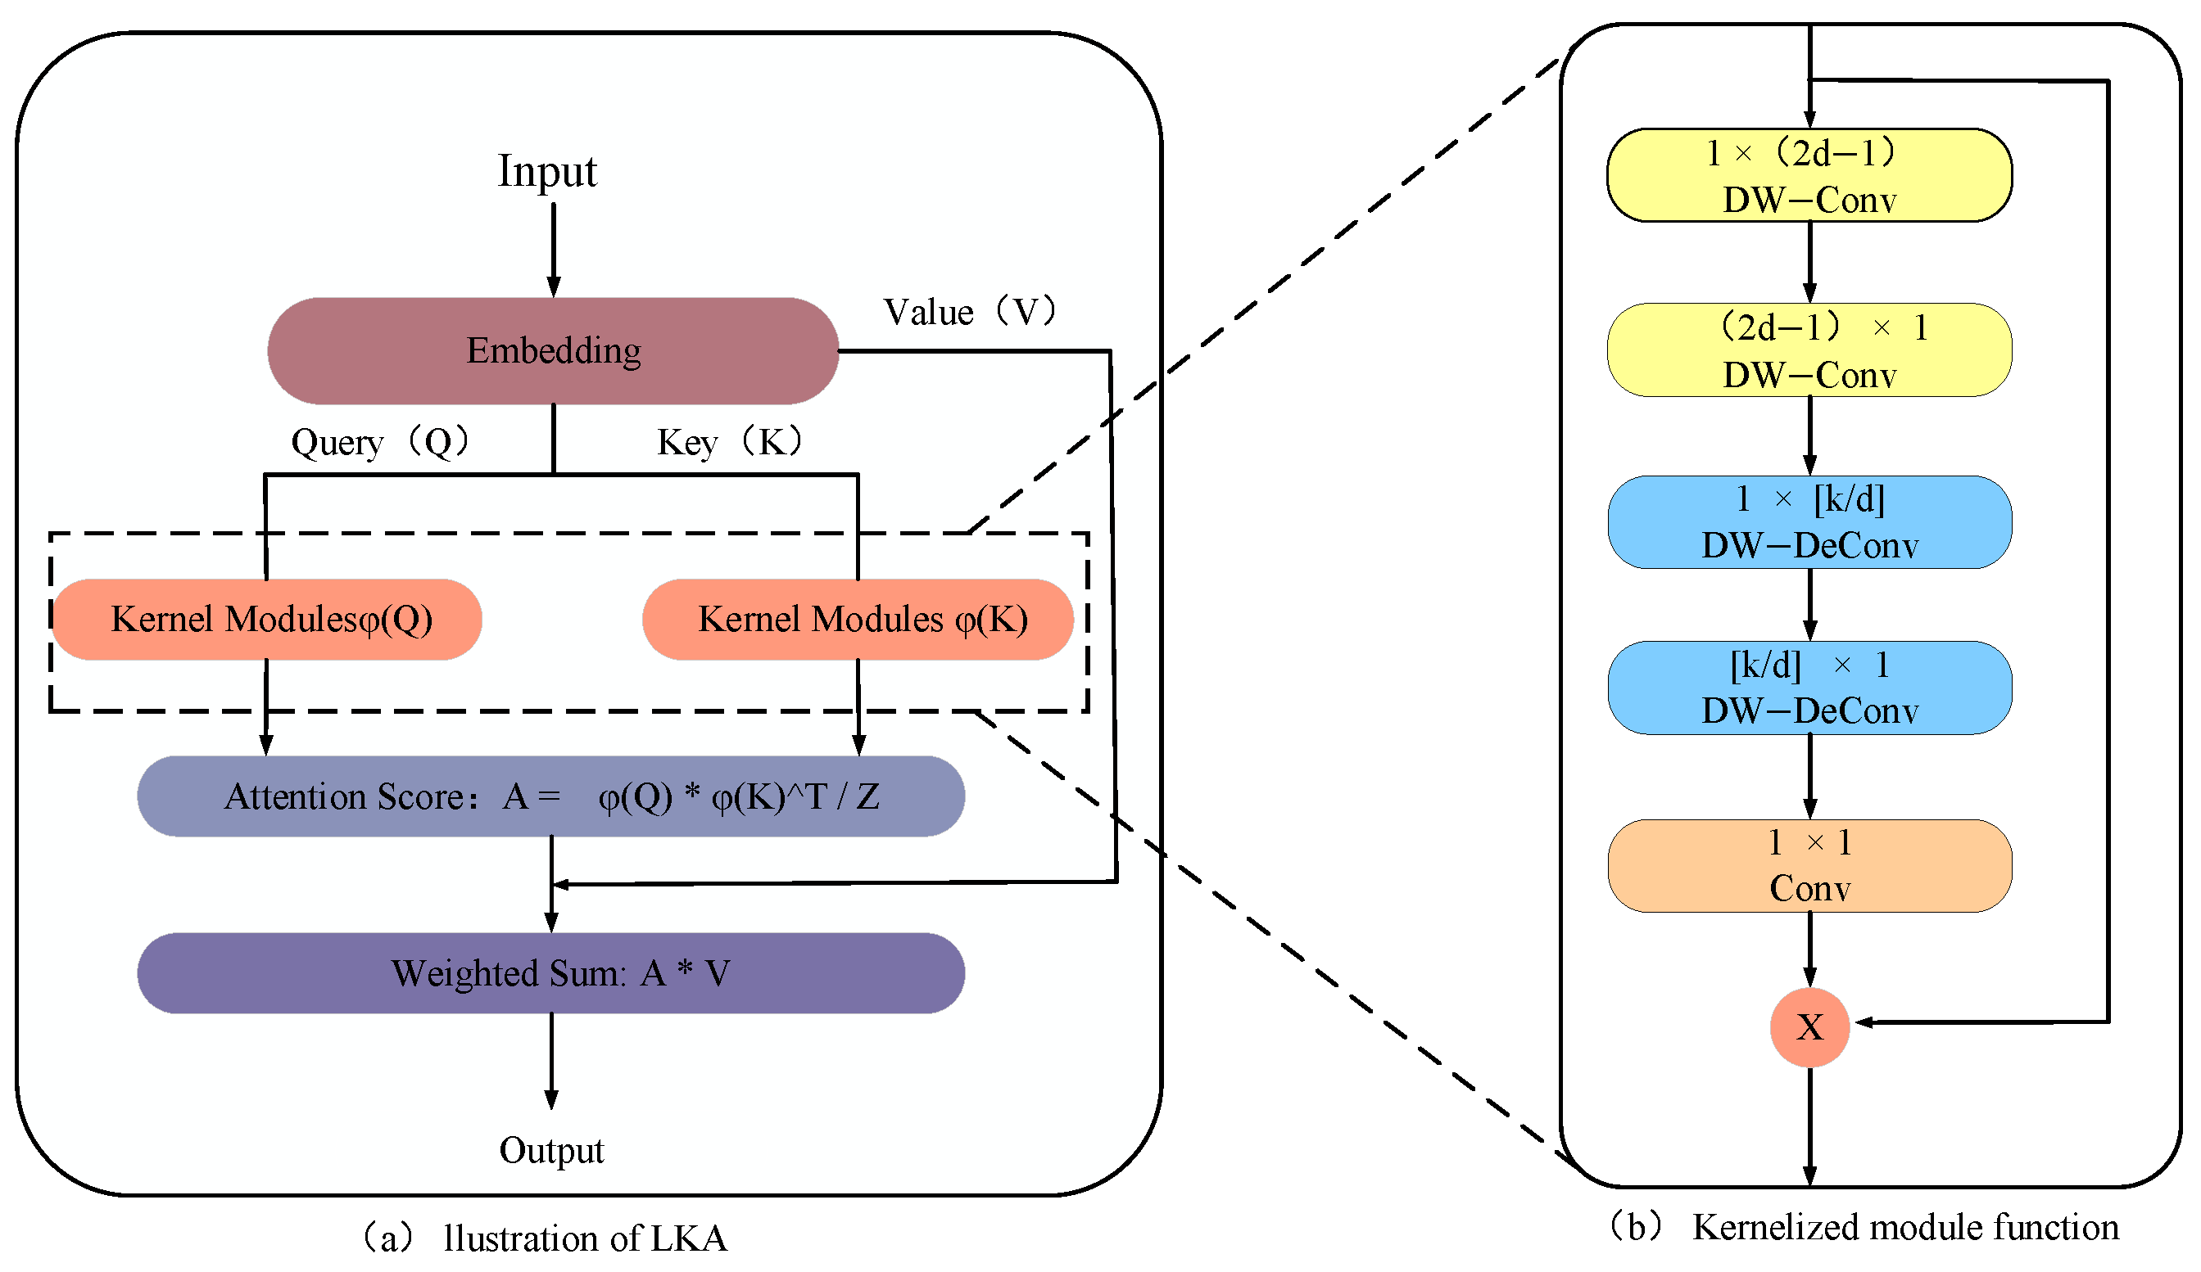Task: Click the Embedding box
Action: [553, 351]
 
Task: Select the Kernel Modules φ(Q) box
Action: [267, 619]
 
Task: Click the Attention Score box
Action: [550, 796]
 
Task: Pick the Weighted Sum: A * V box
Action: [550, 972]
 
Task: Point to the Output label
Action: [551, 1151]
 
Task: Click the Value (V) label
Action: [970, 312]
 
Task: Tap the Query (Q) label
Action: [381, 442]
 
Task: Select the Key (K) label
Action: [729, 442]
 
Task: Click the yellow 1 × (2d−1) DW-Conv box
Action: [1809, 175]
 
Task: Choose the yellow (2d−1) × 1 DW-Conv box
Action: [1809, 350]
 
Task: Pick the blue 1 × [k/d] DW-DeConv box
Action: [1809, 522]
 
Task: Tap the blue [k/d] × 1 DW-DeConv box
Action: [1809, 688]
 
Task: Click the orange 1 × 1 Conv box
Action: [1809, 866]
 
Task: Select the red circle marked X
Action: [1809, 1026]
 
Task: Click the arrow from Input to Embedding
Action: [554, 249]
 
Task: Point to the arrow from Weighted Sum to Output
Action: [551, 1061]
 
